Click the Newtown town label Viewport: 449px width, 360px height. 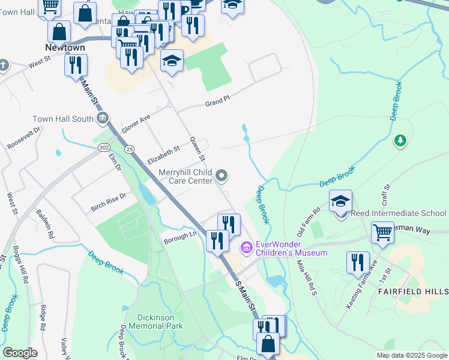(65, 47)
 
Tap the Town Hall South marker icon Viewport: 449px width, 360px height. (103, 118)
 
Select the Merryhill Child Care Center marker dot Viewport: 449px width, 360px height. (222, 176)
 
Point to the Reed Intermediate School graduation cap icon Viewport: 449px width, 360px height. (340, 202)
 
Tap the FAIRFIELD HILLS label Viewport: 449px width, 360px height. (413, 291)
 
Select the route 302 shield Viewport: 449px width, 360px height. (104, 147)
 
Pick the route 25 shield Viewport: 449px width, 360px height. (128, 149)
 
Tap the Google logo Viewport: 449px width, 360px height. (20, 352)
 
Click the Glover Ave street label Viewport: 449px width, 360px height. (136, 122)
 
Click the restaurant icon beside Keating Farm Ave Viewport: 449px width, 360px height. (357, 263)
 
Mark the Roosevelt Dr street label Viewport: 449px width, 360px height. (24, 138)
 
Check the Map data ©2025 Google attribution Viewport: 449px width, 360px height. (411, 355)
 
